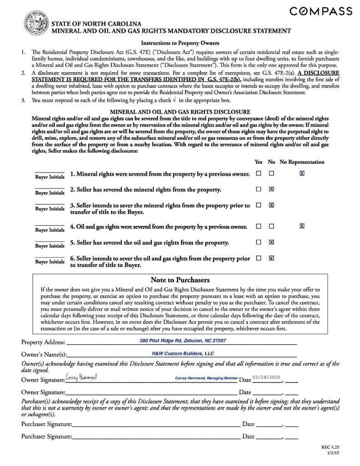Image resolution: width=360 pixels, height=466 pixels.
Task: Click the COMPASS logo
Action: coord(321,11)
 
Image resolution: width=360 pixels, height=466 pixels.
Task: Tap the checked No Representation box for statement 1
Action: coord(302,173)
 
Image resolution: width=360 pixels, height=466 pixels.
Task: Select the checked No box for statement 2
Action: coord(271,189)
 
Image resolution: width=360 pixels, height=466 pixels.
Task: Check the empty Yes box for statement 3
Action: coord(259,205)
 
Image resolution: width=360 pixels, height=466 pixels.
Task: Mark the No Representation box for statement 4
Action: coord(302,226)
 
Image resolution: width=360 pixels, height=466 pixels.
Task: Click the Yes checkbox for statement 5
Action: coord(259,242)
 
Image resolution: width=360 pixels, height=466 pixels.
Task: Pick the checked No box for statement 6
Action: coord(271,258)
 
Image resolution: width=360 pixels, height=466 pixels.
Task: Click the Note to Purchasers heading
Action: coord(180,280)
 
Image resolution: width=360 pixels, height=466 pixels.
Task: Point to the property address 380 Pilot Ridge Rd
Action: coord(183,340)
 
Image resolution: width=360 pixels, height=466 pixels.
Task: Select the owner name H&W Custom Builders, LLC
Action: coord(183,354)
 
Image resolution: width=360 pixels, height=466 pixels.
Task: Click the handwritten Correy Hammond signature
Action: coord(81,377)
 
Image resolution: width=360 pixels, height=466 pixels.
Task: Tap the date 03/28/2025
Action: coord(267,377)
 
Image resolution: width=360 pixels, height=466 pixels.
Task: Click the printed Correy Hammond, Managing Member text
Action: coord(206,378)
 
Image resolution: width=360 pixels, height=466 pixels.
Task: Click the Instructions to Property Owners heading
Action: coord(180,43)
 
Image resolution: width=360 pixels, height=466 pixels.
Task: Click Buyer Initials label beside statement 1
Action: coord(50,177)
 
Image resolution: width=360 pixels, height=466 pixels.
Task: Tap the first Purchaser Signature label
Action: coord(46,424)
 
